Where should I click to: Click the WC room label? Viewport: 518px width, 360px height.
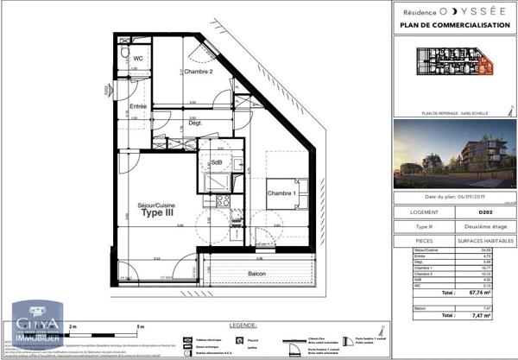pyautogui.click(x=137, y=71)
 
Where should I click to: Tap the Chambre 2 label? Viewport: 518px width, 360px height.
pyautogui.click(x=199, y=72)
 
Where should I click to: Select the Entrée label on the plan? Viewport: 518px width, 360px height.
pyautogui.click(x=138, y=107)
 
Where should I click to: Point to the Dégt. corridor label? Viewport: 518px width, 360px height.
pyautogui.click(x=195, y=123)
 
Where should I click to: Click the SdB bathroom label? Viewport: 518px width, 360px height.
pyautogui.click(x=215, y=161)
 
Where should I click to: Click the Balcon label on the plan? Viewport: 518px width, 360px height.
pyautogui.click(x=255, y=275)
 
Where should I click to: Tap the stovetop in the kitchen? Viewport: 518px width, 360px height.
pyautogui.click(x=223, y=200)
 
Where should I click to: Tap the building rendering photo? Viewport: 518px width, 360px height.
pyautogui.click(x=456, y=155)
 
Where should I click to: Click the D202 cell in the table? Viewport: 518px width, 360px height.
pyautogui.click(x=484, y=212)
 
